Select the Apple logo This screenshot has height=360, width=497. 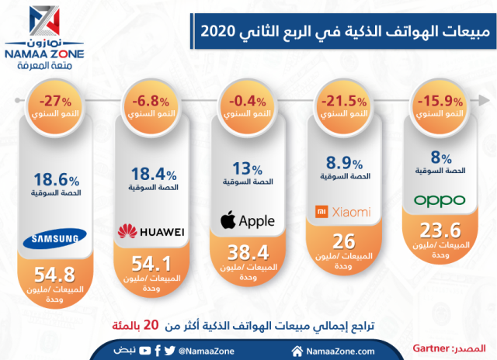(x=248, y=221)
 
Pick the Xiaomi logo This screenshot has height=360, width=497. (x=342, y=212)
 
